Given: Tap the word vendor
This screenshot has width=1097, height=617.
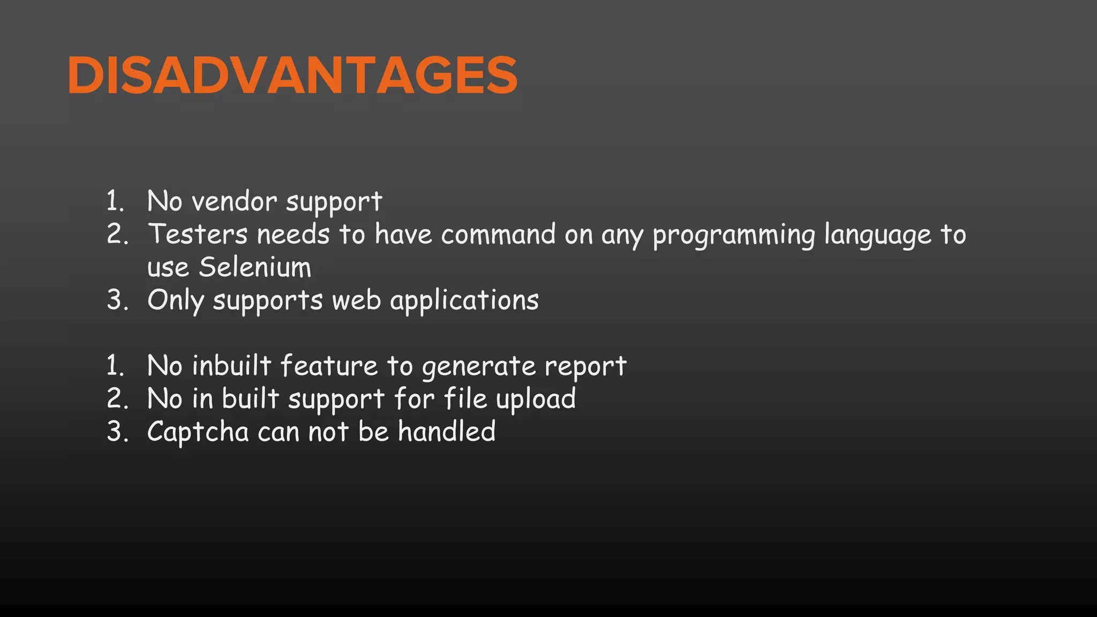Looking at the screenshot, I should (x=234, y=202).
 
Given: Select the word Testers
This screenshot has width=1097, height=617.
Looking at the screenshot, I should (x=198, y=235).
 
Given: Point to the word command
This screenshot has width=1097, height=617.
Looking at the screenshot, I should (x=498, y=235).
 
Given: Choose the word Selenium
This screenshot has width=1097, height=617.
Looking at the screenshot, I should (x=255, y=267).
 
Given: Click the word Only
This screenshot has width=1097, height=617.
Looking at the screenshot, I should (x=176, y=300).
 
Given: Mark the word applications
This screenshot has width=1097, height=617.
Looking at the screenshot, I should (x=464, y=300).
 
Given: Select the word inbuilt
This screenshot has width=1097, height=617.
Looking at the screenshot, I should (x=231, y=366).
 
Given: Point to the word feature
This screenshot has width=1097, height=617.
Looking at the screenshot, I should (x=329, y=366).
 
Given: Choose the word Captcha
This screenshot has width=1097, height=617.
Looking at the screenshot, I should (x=198, y=432).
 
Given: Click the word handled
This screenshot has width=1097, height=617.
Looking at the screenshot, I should (x=447, y=432).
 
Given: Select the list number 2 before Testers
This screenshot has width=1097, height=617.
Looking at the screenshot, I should (x=117, y=235).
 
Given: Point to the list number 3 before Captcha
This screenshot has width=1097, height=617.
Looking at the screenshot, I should (x=117, y=432).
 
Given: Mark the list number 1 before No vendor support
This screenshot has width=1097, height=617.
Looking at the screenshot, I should (x=115, y=202).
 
